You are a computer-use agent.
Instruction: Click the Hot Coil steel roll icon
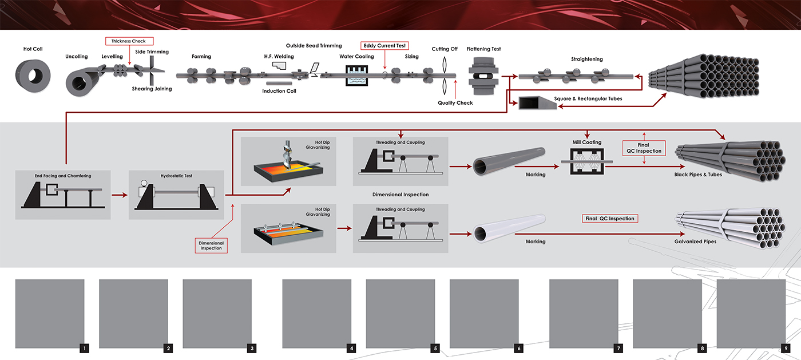pos(33,77)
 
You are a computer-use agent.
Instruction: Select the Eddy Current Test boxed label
pos(384,45)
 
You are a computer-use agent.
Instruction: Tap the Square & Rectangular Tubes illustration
pos(536,102)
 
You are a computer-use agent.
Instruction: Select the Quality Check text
pos(455,103)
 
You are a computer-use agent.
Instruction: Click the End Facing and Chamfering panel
pos(62,195)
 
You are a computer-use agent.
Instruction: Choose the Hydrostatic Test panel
pos(176,195)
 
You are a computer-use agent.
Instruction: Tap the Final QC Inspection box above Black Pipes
pos(645,148)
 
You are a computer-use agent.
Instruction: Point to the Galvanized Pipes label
pos(695,242)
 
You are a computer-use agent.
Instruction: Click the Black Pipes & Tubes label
pos(698,175)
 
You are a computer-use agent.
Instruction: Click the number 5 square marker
pos(435,348)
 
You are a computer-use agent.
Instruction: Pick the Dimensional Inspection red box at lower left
pos(211,246)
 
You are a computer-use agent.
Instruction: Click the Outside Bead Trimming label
pos(314,46)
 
